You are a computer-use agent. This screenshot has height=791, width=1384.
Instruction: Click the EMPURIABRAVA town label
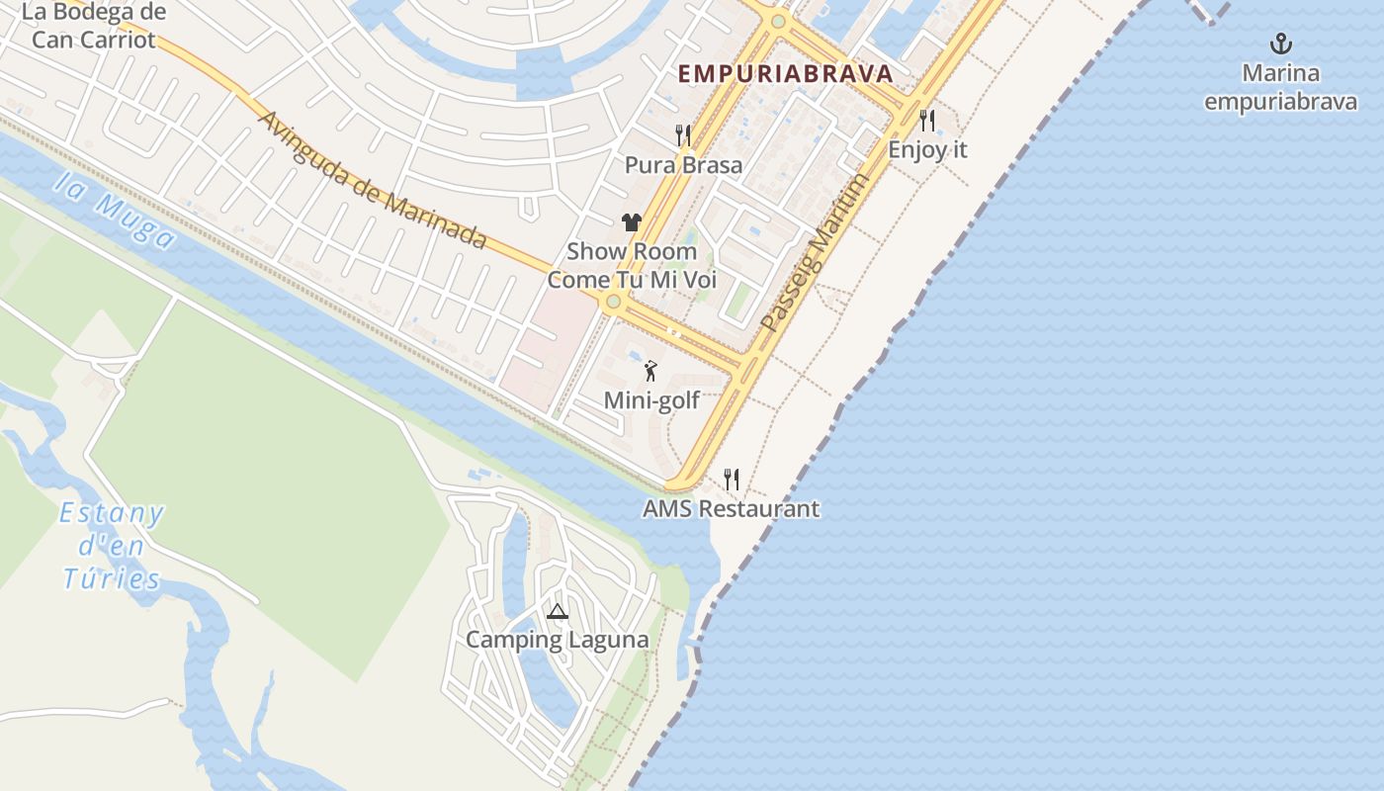point(785,73)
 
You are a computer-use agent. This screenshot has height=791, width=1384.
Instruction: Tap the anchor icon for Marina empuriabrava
point(1281,44)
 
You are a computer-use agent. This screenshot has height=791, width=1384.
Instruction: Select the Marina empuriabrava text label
point(1280,87)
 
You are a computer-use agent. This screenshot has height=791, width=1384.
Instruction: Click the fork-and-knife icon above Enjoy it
point(927,121)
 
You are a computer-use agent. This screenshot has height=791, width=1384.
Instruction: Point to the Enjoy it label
point(927,150)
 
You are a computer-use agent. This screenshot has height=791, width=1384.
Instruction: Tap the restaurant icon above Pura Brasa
point(683,134)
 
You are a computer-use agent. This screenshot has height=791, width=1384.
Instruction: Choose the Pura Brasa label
point(683,165)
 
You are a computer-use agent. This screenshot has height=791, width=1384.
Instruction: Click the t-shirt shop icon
point(632,222)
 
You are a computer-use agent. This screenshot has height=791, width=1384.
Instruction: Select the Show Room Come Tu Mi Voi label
point(632,265)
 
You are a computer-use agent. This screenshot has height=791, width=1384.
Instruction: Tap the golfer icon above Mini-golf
point(650,372)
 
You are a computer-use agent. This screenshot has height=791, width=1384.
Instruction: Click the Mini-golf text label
point(651,400)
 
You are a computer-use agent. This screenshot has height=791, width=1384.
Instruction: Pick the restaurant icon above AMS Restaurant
point(732,480)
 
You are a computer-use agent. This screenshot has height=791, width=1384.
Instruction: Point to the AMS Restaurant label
point(731,509)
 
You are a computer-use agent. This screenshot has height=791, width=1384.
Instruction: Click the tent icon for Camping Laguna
point(558,611)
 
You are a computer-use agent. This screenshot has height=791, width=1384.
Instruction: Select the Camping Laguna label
point(558,640)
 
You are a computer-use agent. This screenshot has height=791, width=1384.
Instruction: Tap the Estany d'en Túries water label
point(111,546)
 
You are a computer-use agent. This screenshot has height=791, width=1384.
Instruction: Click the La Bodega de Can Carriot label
point(93,27)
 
